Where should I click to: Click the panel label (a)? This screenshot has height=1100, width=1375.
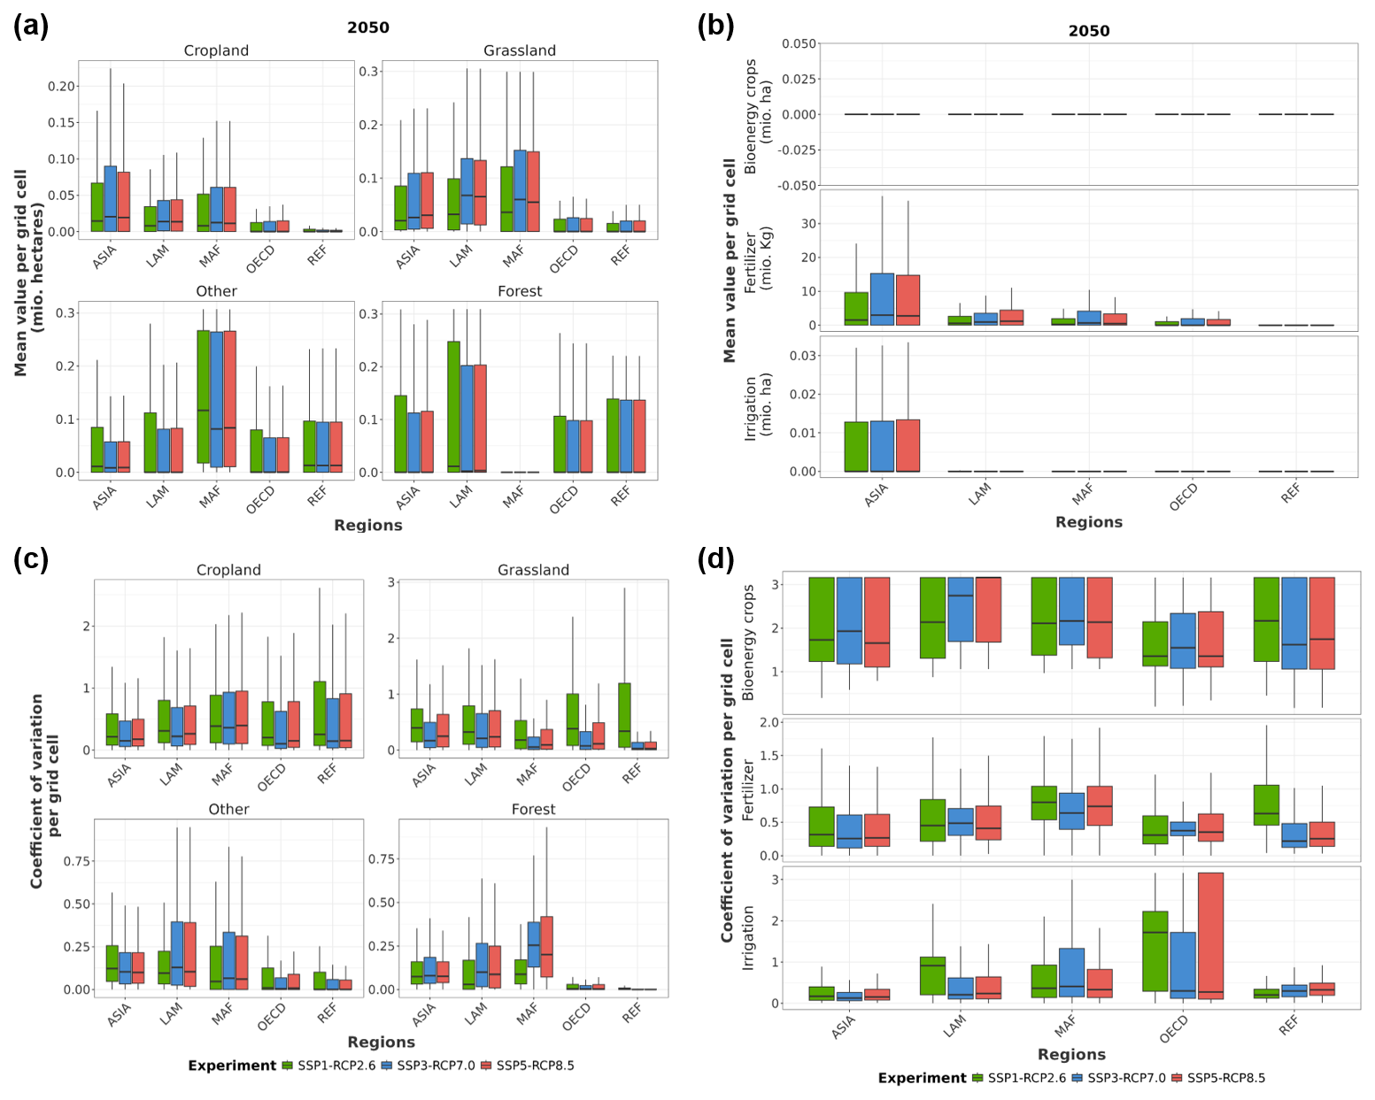pyautogui.click(x=31, y=26)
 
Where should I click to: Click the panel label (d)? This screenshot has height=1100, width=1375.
pyautogui.click(x=715, y=559)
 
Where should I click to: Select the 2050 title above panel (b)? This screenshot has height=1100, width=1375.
pyautogui.click(x=1088, y=31)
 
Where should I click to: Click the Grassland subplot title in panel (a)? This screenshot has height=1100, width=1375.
pyautogui.click(x=520, y=50)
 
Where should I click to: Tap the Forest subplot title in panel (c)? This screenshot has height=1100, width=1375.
pyautogui.click(x=533, y=809)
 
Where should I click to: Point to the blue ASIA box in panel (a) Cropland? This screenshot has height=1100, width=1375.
pyautogui.click(x=110, y=198)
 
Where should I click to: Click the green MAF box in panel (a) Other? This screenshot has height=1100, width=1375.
pyautogui.click(x=204, y=396)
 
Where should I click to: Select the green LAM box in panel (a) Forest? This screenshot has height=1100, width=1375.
pyautogui.click(x=453, y=406)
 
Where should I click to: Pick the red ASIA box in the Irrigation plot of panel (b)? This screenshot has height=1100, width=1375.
pyautogui.click(x=908, y=445)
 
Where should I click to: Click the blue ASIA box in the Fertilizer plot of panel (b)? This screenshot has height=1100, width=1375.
pyautogui.click(x=882, y=299)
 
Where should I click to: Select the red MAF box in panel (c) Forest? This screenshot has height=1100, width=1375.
pyautogui.click(x=546, y=947)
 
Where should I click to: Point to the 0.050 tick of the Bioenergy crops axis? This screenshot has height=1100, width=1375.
pyautogui.click(x=799, y=43)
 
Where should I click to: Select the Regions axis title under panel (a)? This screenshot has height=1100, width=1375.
pyautogui.click(x=367, y=525)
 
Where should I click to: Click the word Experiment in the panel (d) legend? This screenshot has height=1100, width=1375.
pyautogui.click(x=922, y=1078)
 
